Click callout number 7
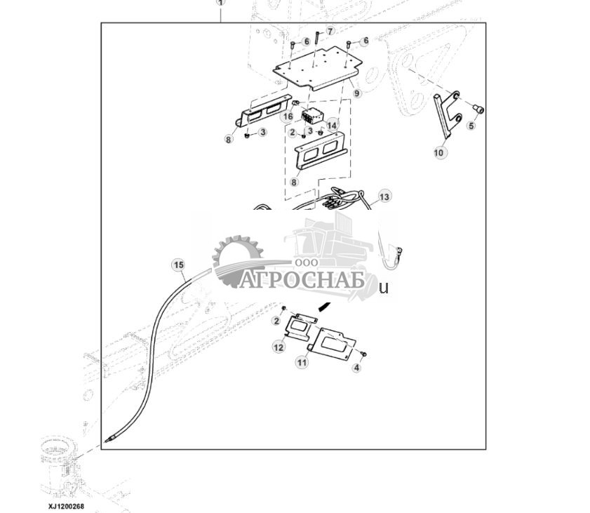(330, 32)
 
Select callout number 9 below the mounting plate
(356, 93)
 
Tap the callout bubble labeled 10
(438, 152)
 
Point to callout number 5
(471, 126)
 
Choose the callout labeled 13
(384, 196)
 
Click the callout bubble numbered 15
(178, 265)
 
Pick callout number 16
(288, 116)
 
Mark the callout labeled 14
(332, 125)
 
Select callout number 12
(279, 347)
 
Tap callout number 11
(302, 362)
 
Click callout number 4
(356, 368)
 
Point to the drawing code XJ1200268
(66, 506)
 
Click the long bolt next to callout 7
(317, 38)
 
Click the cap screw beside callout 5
(478, 109)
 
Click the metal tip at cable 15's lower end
(109, 439)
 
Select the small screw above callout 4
(363, 354)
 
